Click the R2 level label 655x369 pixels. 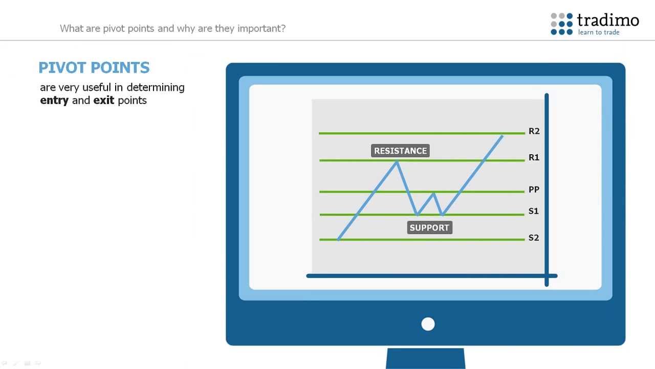point(534,131)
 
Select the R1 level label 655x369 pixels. point(534,157)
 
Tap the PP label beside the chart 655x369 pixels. point(534,190)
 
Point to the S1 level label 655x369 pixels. point(534,211)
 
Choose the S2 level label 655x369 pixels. point(534,237)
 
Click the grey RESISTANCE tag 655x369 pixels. point(400,151)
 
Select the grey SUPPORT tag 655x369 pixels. point(429,228)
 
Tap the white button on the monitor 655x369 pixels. point(428,324)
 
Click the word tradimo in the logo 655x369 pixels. point(608,20)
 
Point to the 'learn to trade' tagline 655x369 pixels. point(599,32)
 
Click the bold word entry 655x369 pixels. point(54,100)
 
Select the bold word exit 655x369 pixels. point(103,100)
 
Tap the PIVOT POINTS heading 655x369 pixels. point(94,68)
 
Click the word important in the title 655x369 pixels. point(261,28)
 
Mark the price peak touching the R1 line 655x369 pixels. point(397,162)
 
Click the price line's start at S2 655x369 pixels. point(338,239)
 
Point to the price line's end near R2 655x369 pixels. point(502,136)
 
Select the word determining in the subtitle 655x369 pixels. point(156,88)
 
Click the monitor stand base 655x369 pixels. point(426,358)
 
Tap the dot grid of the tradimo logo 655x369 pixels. point(562,24)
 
